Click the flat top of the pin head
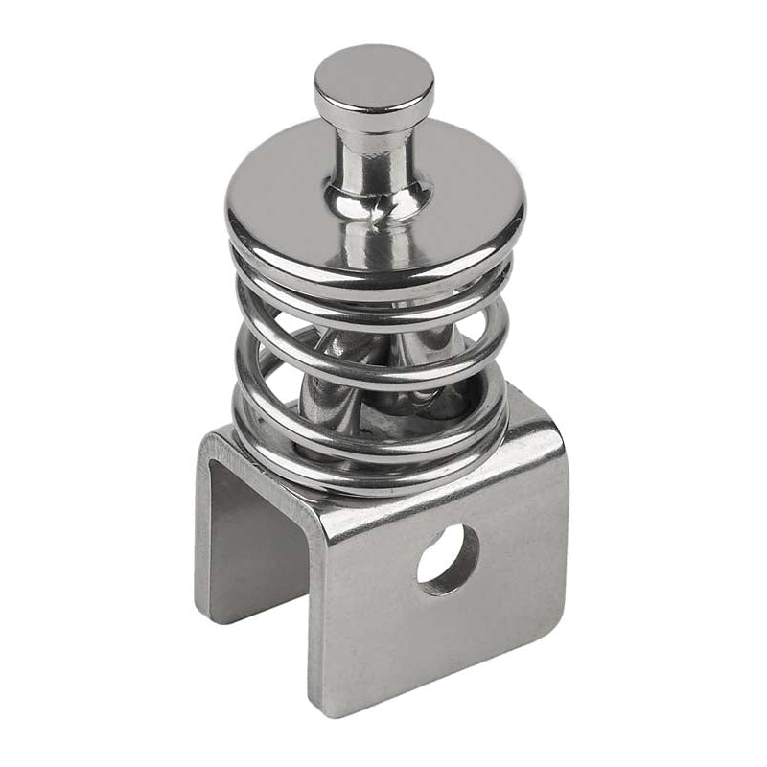(373, 74)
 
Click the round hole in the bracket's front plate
(447, 558)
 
